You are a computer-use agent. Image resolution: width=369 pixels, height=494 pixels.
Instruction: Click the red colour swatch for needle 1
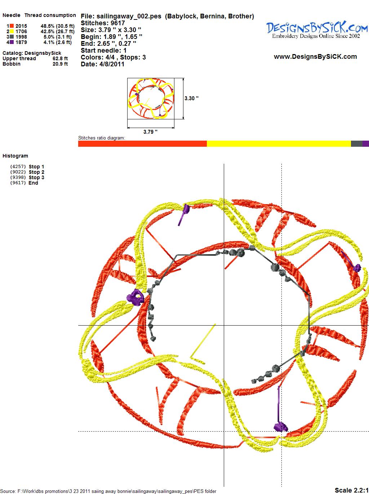click(12, 26)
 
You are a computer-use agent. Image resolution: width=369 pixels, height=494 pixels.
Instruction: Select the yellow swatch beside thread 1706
click(12, 31)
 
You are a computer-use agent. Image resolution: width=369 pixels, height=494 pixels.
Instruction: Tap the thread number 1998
click(21, 37)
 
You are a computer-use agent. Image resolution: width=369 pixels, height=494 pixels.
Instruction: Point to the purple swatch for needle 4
click(12, 42)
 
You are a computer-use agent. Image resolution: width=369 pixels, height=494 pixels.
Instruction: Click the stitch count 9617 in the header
click(118, 23)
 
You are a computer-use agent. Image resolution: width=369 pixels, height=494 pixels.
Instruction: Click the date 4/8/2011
click(112, 64)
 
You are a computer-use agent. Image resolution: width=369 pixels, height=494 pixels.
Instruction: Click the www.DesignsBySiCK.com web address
click(315, 57)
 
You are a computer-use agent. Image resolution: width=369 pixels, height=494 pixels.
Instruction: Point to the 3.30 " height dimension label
click(192, 98)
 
